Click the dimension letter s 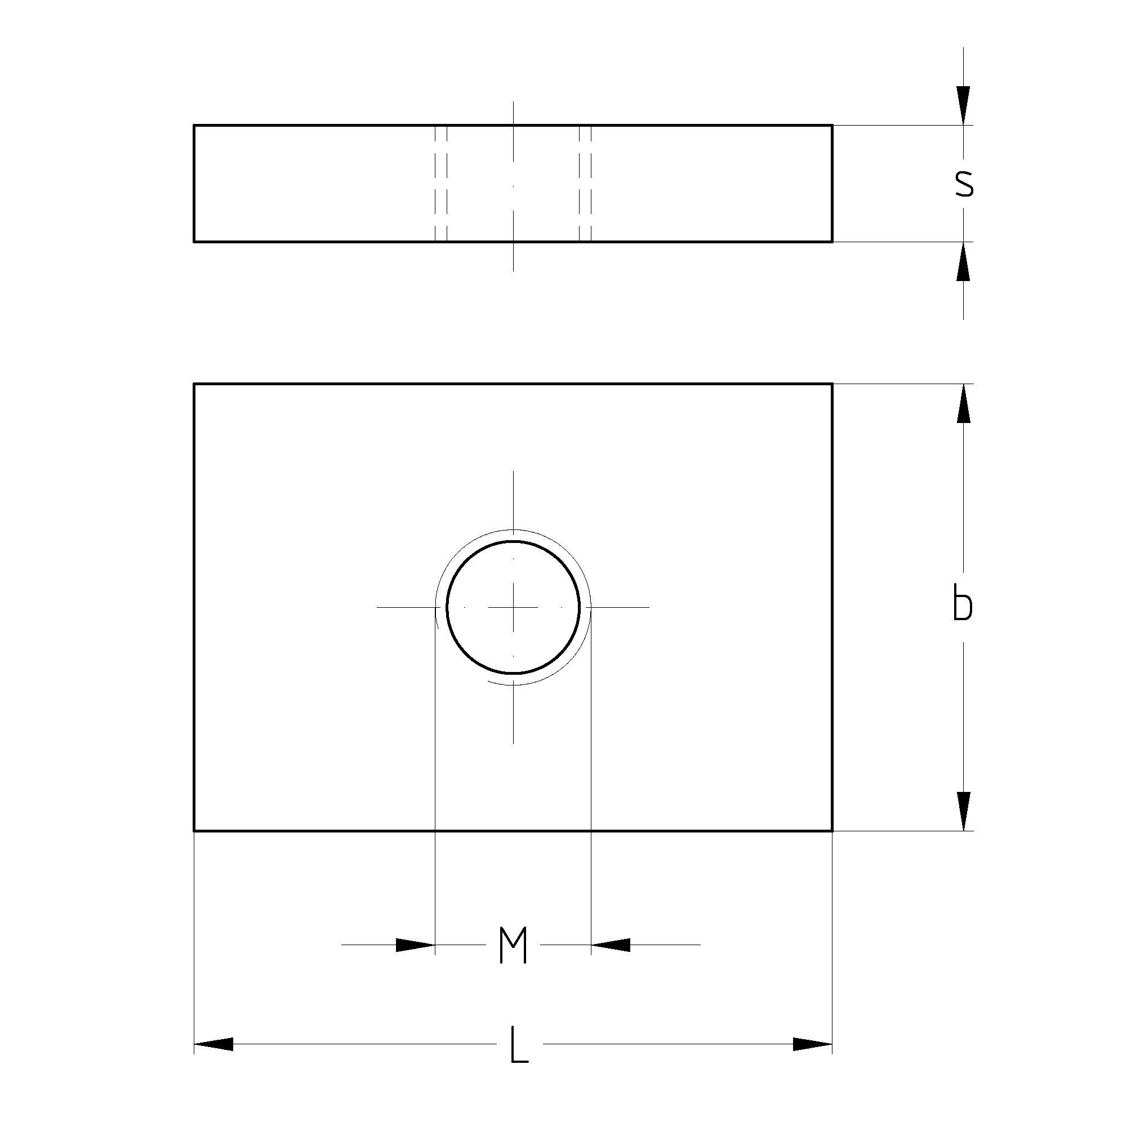click(964, 184)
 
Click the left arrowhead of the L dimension click(213, 1044)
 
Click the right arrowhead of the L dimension click(813, 1044)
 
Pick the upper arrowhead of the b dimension click(964, 404)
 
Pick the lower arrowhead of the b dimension click(964, 811)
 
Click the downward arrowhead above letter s click(964, 106)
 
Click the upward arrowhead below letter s click(964, 261)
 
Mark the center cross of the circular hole click(513, 607)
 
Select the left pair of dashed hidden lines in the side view click(441, 183)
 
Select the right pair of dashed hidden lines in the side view click(585, 183)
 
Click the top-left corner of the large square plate click(194, 384)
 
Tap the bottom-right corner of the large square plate click(832, 830)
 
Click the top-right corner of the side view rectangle click(832, 125)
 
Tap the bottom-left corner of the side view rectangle click(194, 241)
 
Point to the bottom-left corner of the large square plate click(194, 830)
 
